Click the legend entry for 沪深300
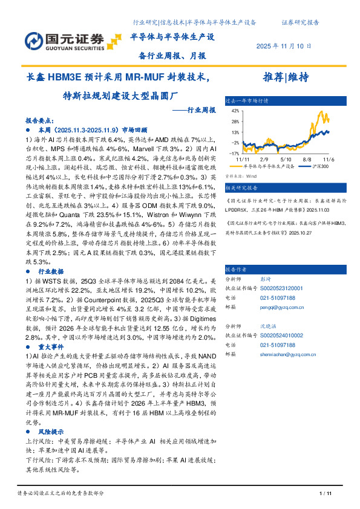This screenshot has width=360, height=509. pyautogui.click(x=320, y=165)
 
